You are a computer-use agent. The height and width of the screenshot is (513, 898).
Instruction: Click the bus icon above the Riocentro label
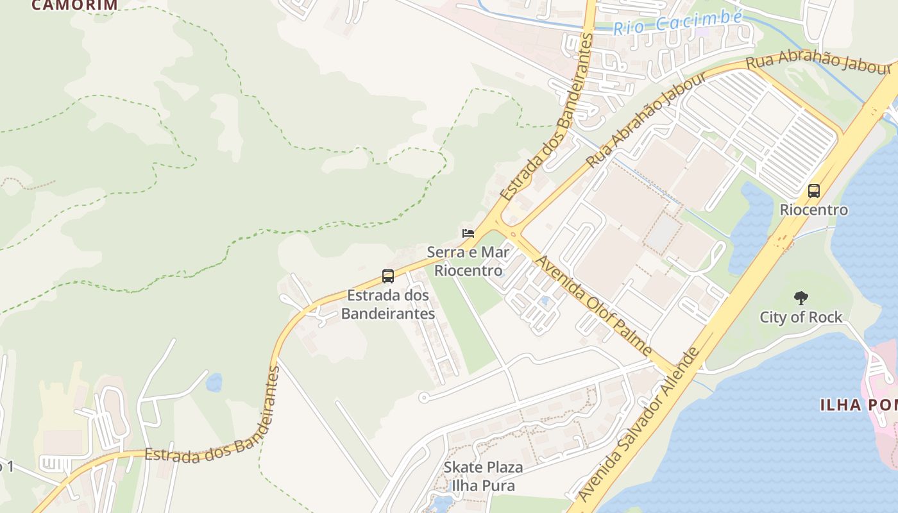[x=814, y=190]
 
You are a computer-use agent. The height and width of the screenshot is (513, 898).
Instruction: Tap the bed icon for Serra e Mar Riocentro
[x=468, y=233]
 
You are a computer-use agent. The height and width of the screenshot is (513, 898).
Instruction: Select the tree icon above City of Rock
[x=801, y=298]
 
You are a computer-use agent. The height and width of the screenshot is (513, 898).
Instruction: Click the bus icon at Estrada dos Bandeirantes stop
[x=388, y=276]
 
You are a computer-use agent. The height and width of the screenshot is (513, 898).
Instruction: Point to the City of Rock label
[x=801, y=317]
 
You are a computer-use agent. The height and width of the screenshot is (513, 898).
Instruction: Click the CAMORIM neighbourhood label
[x=74, y=5]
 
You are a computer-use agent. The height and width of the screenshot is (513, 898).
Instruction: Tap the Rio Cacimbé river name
[x=677, y=23]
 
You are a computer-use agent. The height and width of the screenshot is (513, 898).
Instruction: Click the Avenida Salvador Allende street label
[x=638, y=425]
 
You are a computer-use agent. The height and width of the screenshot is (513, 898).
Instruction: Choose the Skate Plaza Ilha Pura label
[x=483, y=476]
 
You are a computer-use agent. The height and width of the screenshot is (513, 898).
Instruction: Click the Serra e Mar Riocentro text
[x=468, y=260]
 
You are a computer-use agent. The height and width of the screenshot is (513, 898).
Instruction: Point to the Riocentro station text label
[x=813, y=210]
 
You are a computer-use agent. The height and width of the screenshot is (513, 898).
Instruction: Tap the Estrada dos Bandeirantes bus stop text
[x=387, y=305]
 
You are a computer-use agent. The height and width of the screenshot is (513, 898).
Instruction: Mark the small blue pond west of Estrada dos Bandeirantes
[x=214, y=383]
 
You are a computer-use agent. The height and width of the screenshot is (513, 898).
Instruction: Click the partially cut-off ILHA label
[x=858, y=405]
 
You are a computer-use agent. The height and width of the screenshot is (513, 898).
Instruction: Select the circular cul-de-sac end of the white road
[x=423, y=398]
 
